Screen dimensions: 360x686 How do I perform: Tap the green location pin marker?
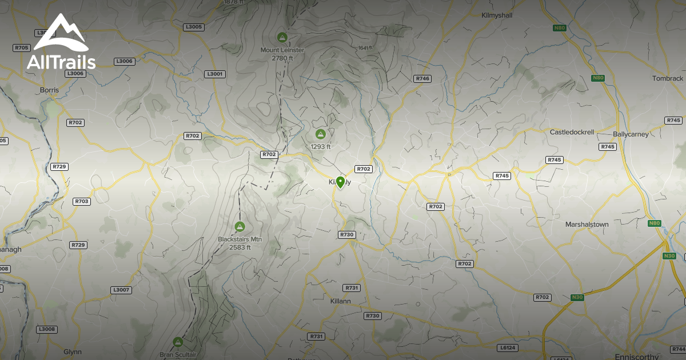pos(341,182)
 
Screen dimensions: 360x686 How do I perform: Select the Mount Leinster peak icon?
pos(281,37)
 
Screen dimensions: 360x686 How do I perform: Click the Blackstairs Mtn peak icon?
pos(240,226)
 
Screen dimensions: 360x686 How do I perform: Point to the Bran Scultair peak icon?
pos(178,342)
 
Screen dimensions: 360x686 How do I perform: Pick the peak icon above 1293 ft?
pos(321,134)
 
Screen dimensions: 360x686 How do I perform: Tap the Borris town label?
pos(50,90)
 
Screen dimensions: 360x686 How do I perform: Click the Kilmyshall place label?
pos(497,15)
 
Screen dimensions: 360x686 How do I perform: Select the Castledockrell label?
pos(572,132)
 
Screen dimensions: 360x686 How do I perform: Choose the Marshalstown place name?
pos(587,225)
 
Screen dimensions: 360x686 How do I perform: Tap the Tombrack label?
pos(668,78)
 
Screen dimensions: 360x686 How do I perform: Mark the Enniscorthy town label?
pos(636,357)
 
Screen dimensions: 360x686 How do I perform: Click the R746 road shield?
pos(422,78)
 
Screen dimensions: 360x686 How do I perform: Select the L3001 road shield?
pos(214,74)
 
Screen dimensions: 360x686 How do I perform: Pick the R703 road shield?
pos(82,202)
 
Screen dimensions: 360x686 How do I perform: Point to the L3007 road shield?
pos(121,290)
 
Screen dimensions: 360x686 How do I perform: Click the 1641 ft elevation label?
pos(366,48)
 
